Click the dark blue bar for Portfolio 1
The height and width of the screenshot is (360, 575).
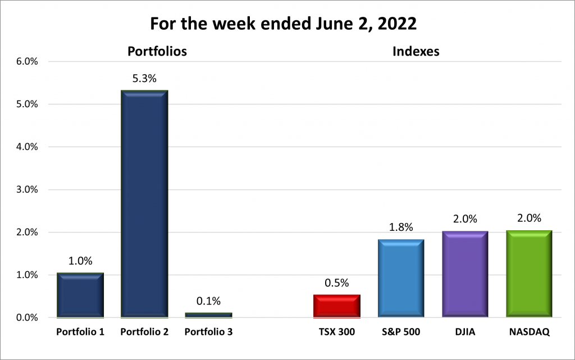tap(80, 295)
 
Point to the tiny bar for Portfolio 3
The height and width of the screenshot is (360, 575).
tap(208, 315)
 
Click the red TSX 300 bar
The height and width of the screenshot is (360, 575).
tap(336, 306)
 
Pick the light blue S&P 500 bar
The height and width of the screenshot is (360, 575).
tap(400, 279)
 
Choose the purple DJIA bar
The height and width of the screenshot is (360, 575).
tap(464, 274)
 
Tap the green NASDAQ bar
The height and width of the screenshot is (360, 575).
tap(528, 274)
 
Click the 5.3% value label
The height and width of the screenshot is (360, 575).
tap(144, 79)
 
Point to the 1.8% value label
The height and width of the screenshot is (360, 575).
tap(400, 227)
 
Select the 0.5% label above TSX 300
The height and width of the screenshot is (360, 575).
tap(336, 283)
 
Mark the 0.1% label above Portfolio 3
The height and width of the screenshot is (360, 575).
tap(208, 301)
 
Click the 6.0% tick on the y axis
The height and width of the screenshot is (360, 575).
tap(26, 62)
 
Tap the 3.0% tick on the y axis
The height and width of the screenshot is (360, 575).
tap(26, 190)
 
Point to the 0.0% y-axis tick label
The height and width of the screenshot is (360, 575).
tap(26, 318)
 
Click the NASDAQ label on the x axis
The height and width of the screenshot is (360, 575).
tap(528, 332)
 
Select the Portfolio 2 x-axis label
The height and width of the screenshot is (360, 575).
tap(144, 332)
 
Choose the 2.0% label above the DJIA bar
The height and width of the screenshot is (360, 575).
tap(464, 219)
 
